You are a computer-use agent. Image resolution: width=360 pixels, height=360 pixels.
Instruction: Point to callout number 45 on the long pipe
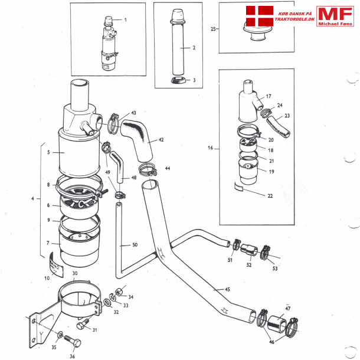227,289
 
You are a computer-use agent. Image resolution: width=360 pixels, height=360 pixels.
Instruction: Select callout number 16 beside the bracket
211,148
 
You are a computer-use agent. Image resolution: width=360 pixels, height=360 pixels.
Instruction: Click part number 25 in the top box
213,28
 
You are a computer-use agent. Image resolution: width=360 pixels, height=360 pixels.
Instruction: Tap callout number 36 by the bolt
73,356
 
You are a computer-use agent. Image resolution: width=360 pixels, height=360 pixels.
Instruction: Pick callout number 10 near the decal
47,278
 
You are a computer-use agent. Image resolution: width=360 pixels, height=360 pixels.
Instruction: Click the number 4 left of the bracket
33,198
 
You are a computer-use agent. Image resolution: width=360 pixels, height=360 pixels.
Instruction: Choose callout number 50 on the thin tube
135,244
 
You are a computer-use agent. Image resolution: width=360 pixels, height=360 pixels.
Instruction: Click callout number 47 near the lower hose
287,309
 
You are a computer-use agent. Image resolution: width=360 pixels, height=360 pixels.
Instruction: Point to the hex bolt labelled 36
67,342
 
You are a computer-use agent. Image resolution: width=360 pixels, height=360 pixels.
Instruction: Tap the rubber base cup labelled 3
178,80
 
